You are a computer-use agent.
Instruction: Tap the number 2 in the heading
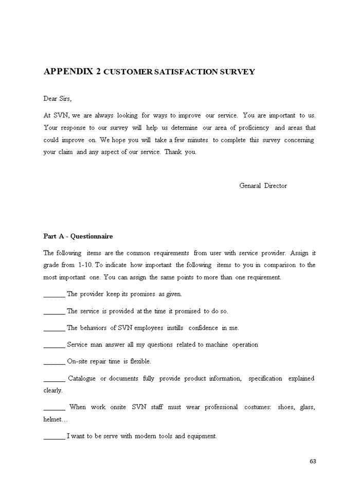[98, 72]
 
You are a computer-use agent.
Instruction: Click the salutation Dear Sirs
[58, 98]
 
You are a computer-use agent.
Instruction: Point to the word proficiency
[254, 128]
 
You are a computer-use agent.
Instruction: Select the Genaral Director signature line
[263, 186]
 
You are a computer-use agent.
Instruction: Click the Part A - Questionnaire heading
[78, 236]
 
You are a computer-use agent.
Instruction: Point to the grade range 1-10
[85, 265]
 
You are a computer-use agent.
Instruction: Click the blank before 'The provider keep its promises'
[54, 295]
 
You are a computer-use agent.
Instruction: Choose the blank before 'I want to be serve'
[54, 437]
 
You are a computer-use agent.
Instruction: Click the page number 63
[313, 461]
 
